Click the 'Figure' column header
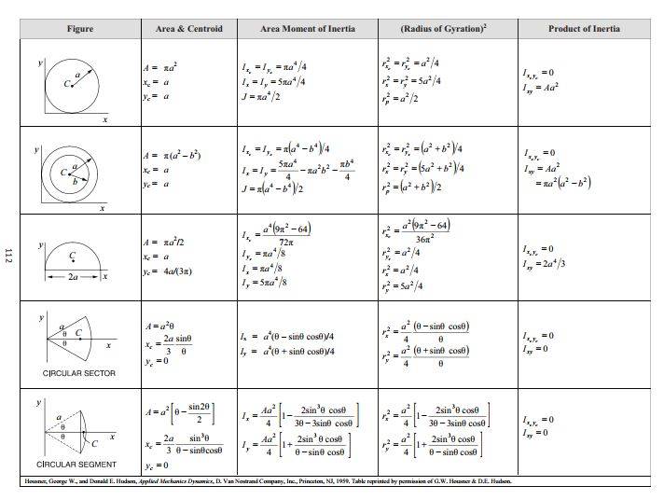click(x=80, y=29)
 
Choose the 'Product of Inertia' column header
click(x=583, y=29)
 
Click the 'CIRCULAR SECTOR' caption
click(x=79, y=373)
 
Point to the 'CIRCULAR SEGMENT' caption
click(x=76, y=464)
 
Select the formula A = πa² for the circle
click(x=161, y=67)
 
